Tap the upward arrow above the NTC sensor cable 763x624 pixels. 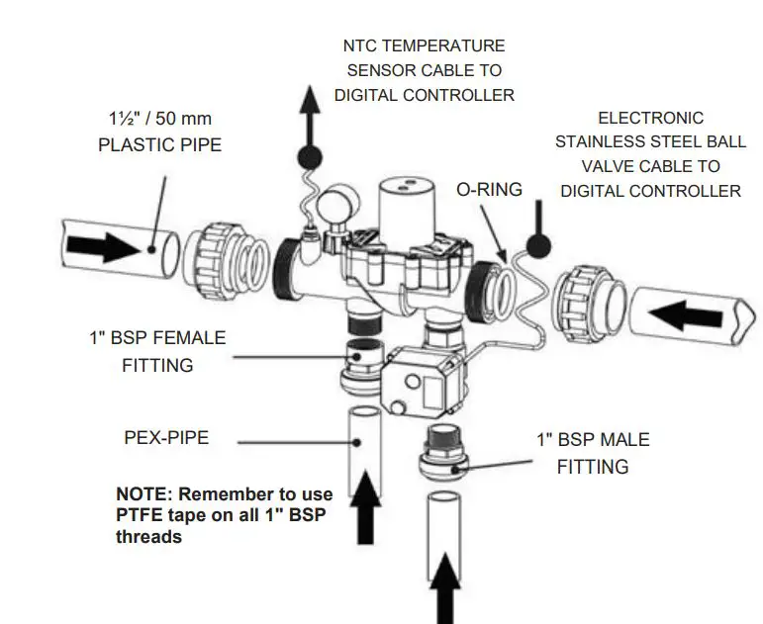coord(311,113)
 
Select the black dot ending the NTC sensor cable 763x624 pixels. coord(309,155)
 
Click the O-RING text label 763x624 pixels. coord(487,189)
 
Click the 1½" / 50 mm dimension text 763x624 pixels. coord(159,119)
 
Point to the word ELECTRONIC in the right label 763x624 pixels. coord(650,118)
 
